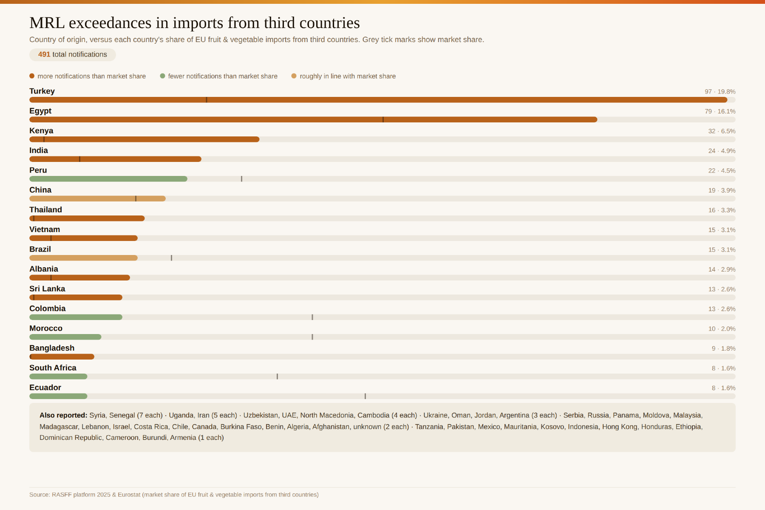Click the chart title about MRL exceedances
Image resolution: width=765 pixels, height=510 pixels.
click(x=195, y=23)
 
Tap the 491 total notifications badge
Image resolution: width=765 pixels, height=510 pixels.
click(x=73, y=54)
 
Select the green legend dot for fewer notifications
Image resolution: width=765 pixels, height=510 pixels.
click(x=162, y=76)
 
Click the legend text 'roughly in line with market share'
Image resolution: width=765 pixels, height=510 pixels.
click(x=348, y=76)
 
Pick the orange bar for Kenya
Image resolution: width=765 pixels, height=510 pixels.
click(x=144, y=139)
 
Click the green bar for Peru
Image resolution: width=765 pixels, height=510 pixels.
click(x=108, y=179)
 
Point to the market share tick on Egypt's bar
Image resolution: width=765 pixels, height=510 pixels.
click(x=383, y=119)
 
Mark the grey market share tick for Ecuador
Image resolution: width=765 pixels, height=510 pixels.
click(x=365, y=396)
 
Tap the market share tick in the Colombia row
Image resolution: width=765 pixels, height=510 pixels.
click(x=312, y=317)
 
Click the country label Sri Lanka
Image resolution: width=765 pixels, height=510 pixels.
click(x=47, y=289)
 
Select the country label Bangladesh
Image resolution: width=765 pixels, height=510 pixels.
click(x=52, y=348)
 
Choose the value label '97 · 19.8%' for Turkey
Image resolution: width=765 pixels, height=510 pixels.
click(x=720, y=91)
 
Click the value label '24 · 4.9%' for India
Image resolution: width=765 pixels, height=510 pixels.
click(x=722, y=151)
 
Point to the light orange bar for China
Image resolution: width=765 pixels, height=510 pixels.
click(x=97, y=198)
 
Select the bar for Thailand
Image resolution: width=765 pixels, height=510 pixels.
click(x=87, y=218)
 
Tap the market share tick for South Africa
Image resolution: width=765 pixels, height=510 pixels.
click(x=277, y=377)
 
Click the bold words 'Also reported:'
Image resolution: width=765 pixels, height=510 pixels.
click(x=63, y=415)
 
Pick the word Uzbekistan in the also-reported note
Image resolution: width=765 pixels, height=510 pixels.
click(x=261, y=415)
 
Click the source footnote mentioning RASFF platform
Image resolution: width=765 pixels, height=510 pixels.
click(x=174, y=495)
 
